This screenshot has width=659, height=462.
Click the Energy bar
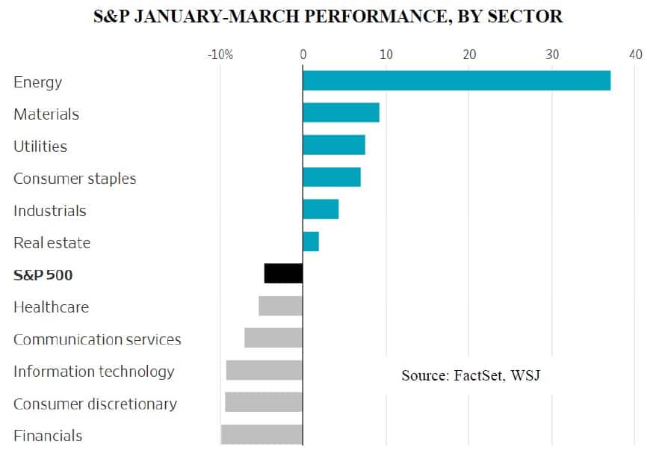[x=456, y=81]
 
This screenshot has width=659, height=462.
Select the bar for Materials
[x=341, y=113]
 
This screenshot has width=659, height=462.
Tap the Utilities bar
[x=333, y=145]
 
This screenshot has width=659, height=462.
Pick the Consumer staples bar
[x=331, y=177]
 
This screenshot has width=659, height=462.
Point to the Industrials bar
[x=321, y=209]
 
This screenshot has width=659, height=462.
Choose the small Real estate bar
[x=310, y=241]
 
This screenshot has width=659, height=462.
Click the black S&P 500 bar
[x=283, y=274]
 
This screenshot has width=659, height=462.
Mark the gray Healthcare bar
[x=280, y=306]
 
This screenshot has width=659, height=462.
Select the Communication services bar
[x=273, y=338]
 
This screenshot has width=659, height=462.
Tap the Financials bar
[x=262, y=434]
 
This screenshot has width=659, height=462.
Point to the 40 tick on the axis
[x=635, y=55]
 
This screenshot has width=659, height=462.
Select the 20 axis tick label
[x=469, y=55]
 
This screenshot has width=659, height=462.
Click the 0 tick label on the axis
[x=303, y=55]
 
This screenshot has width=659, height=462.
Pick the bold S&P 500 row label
[x=43, y=275]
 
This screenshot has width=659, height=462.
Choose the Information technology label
[x=93, y=372]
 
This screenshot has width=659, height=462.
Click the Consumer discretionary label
[x=95, y=404]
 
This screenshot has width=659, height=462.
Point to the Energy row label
[x=37, y=82]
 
